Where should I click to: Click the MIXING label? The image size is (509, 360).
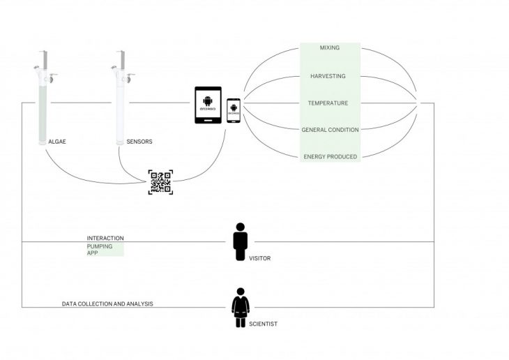coord(329,48)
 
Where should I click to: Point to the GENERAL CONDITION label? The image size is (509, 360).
coord(330,130)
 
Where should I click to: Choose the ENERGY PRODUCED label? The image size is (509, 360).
coord(330,157)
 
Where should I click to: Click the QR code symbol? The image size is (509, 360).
coord(160,181)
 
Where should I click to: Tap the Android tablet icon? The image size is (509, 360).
coord(208,105)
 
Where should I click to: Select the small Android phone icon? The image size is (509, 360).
coord(234,110)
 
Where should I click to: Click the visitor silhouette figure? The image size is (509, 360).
coord(241,242)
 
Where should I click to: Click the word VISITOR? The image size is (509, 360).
coord(259,259)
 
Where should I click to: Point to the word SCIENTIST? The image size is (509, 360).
coord(262,324)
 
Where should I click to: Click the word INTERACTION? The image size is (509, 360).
coord(105,239)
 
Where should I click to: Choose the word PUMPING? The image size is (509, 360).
coord(99,246)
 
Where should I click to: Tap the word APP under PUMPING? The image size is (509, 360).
coord(92,253)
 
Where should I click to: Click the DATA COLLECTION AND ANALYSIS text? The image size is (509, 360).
coord(107,304)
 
